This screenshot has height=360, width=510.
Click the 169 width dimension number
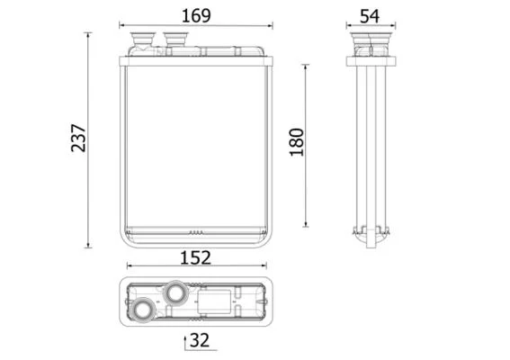196,15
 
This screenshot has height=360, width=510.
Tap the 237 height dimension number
78,138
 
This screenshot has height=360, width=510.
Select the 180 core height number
296,142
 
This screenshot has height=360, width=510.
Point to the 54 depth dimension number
370,16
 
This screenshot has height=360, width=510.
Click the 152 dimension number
195,257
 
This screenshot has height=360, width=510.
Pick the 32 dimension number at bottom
200,340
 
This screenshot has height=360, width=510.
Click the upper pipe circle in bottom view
176,292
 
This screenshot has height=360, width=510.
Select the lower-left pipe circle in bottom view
143,310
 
